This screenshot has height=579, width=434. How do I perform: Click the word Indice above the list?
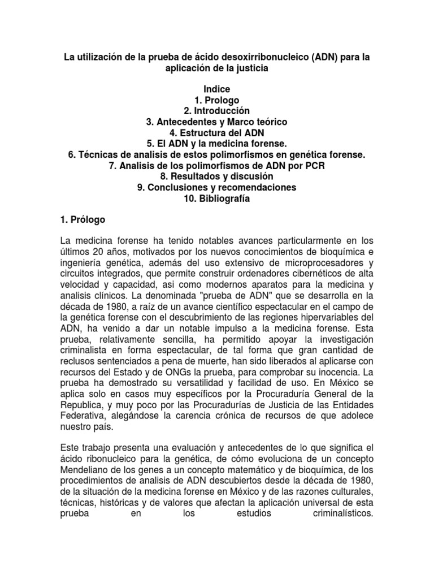click(217, 90)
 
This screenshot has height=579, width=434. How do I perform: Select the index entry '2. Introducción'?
click(217, 111)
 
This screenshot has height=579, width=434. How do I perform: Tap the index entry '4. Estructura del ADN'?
click(217, 132)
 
